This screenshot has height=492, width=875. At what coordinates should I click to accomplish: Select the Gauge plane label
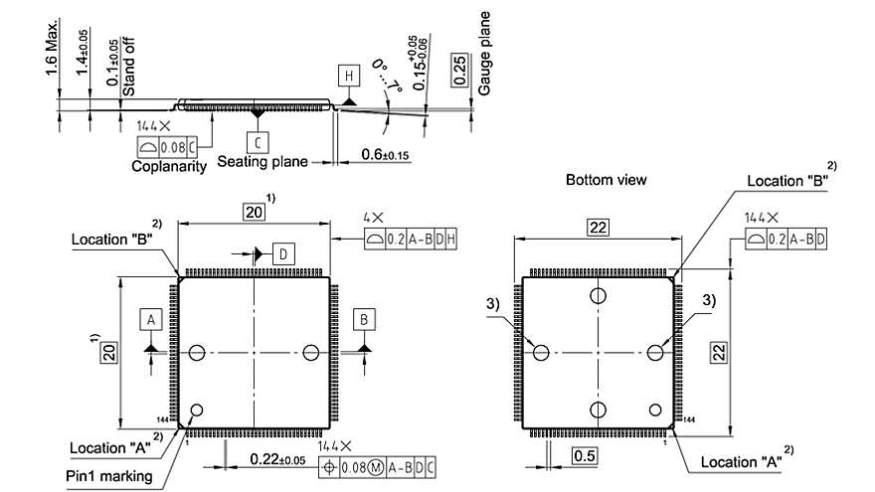pyautogui.click(x=485, y=53)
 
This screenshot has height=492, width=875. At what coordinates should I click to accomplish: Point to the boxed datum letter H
pyautogui.click(x=348, y=76)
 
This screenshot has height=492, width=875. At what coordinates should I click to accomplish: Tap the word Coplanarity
pyautogui.click(x=169, y=166)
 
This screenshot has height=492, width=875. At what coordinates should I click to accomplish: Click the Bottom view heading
pyautogui.click(x=607, y=180)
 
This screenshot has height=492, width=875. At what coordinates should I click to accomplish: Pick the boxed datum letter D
pyautogui.click(x=282, y=254)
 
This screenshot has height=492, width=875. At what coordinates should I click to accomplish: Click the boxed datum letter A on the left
pyautogui.click(x=150, y=319)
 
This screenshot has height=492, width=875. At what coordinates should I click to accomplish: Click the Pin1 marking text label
pyautogui.click(x=109, y=475)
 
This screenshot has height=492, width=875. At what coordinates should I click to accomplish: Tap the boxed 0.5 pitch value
pyautogui.click(x=585, y=455)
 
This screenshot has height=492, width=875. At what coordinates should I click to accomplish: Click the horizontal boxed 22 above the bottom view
pyautogui.click(x=598, y=228)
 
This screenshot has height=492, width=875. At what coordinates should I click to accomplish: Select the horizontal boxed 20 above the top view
pyautogui.click(x=255, y=211)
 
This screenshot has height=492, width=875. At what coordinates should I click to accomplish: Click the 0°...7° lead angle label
pyautogui.click(x=386, y=76)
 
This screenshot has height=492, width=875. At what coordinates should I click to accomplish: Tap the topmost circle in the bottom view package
pyautogui.click(x=598, y=295)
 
